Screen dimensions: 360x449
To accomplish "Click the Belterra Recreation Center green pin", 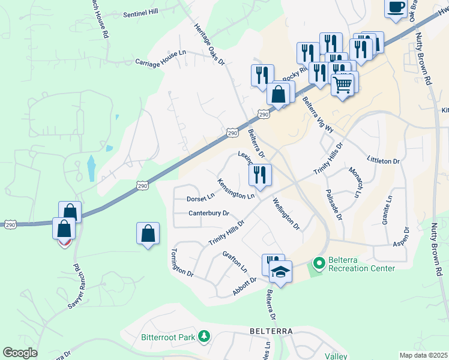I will (x=318, y=263).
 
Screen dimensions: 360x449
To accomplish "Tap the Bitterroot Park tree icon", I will (x=205, y=337).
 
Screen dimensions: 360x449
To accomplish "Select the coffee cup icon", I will (x=396, y=8).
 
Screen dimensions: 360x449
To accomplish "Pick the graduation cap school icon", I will (x=280, y=272).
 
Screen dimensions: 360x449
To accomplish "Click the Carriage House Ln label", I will (x=160, y=58).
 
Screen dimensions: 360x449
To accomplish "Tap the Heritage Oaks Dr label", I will (x=209, y=44).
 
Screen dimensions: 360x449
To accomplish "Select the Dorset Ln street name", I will (x=200, y=197).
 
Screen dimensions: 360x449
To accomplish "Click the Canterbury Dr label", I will (x=209, y=213).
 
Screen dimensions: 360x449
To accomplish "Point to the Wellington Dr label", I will (x=286, y=214).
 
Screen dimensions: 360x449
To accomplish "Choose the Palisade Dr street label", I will (x=334, y=206).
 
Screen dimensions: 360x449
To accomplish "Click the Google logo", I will (x=20, y=353).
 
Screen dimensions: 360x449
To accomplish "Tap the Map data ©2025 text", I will (x=423, y=355).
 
